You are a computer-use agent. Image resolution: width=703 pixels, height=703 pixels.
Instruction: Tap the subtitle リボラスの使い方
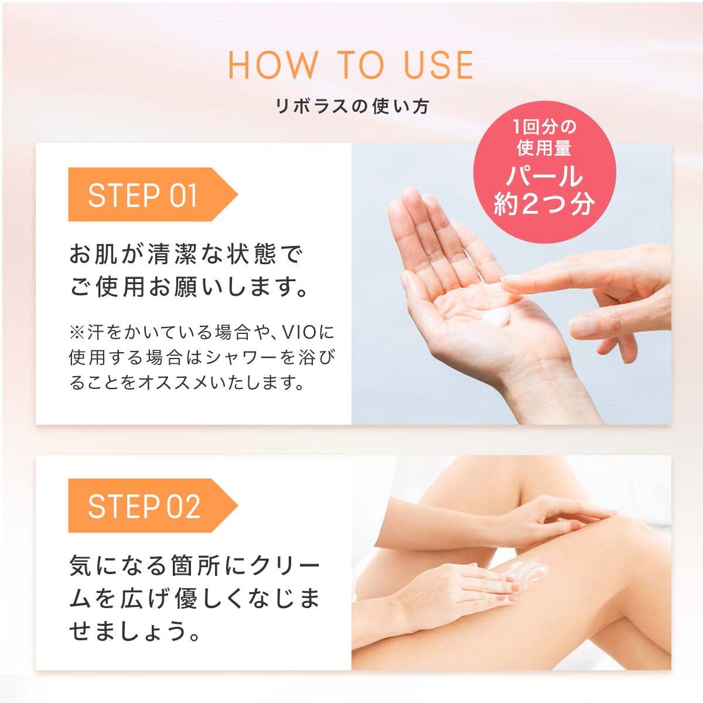[352, 107]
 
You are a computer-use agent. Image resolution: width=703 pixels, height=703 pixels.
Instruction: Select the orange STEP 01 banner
[153, 194]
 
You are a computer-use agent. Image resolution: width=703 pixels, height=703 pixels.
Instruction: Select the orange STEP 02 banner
[153, 506]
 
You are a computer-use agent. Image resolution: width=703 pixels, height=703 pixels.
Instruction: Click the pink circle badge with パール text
[544, 172]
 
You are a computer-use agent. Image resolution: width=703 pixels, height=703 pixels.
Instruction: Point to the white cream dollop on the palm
[497, 315]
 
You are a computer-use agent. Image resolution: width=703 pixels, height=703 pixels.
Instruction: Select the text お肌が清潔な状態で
[186, 254]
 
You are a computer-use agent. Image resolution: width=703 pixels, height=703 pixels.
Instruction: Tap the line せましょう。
[134, 632]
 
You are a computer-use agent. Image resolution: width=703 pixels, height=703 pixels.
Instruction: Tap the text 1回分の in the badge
[544, 127]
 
